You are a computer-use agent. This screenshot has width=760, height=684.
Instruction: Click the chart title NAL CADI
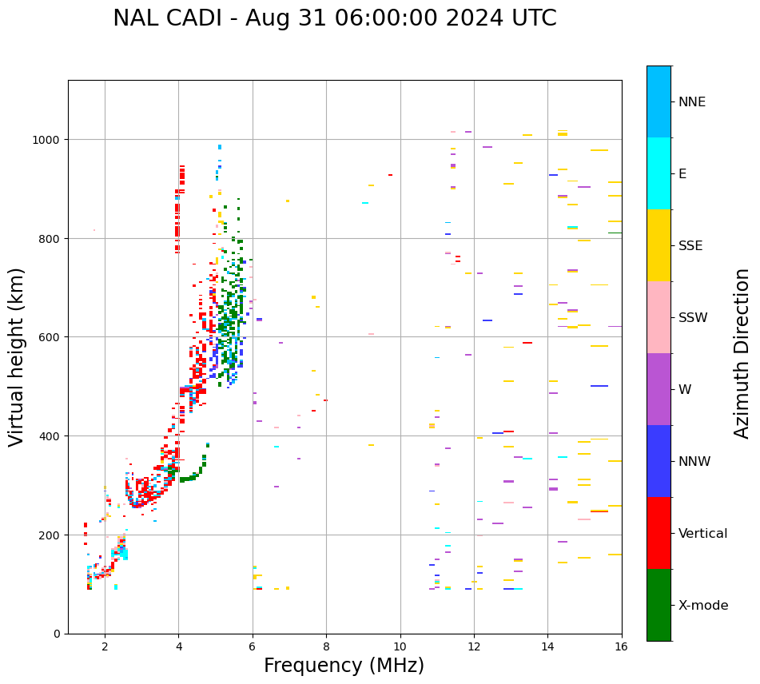tap(334, 18)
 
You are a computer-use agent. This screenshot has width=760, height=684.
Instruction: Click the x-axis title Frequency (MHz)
tap(344, 666)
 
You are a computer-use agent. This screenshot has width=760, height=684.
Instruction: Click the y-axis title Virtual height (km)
tap(17, 356)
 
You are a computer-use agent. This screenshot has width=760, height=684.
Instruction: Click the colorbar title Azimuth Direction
tap(742, 353)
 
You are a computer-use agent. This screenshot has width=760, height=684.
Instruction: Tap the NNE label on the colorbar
tap(692, 101)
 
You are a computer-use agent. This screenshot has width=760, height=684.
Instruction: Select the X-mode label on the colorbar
tap(703, 606)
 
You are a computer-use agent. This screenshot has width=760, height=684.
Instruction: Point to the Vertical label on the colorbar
tap(703, 533)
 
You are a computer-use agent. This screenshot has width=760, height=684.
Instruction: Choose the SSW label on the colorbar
tap(693, 317)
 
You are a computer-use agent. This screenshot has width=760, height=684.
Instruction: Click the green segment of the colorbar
tap(659, 605)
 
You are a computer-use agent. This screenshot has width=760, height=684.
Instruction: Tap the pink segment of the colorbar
tap(659, 317)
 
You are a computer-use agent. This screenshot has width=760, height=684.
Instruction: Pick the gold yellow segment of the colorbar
tap(659, 245)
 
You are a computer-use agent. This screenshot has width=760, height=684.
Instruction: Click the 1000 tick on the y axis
tap(48, 140)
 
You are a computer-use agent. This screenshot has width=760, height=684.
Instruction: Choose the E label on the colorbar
tap(683, 173)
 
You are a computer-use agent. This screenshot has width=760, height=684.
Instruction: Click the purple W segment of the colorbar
tap(659, 389)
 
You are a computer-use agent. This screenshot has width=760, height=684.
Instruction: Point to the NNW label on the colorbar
tap(694, 461)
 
